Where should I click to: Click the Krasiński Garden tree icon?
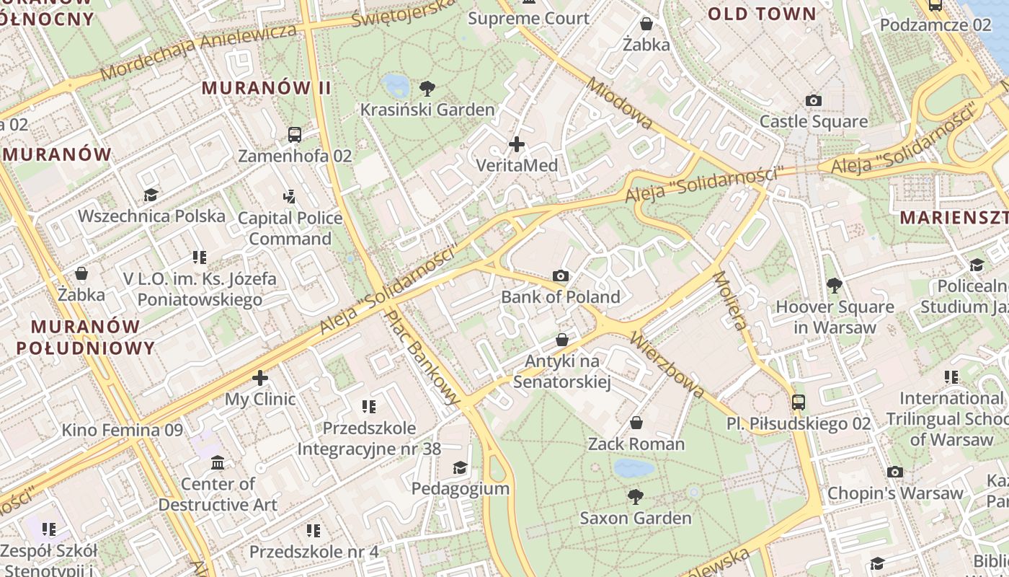(427, 89)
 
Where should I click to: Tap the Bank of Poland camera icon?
(561, 276)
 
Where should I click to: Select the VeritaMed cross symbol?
(517, 144)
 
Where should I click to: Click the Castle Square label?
(813, 121)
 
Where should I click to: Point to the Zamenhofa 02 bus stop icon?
(295, 134)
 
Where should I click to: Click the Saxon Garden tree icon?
(635, 496)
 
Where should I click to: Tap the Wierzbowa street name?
(667, 365)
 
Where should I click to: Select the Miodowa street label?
(619, 104)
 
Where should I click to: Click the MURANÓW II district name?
(266, 88)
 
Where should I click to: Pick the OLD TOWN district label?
(762, 14)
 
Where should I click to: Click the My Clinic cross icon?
(260, 378)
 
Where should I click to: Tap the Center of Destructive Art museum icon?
(218, 462)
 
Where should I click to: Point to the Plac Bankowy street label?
(422, 356)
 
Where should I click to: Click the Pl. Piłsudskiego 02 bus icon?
(798, 402)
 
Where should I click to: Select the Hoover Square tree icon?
(834, 286)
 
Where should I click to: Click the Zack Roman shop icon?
(636, 423)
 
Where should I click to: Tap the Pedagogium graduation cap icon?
(460, 467)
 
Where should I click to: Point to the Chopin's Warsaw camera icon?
(895, 472)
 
